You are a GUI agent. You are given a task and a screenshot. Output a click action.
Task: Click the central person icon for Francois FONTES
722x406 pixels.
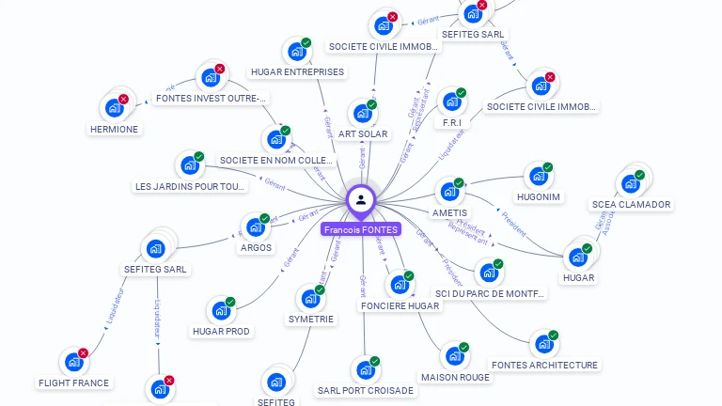pyautogui.click(x=361, y=199)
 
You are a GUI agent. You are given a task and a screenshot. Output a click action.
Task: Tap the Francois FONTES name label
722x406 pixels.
pyautogui.click(x=361, y=229)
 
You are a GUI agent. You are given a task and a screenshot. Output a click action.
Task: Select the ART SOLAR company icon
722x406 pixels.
pyautogui.click(x=362, y=115)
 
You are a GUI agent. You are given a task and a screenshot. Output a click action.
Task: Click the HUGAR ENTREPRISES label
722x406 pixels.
pyautogui.click(x=297, y=71)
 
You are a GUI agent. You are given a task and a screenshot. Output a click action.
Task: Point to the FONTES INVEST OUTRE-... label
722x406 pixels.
pyautogui.click(x=211, y=98)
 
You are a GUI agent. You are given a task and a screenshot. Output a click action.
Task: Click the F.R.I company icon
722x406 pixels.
pyautogui.click(x=451, y=102)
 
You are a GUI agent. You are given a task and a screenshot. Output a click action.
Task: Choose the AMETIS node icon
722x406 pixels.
pyautogui.click(x=449, y=192)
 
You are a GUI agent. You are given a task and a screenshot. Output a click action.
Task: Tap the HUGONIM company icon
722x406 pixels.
pyautogui.click(x=538, y=177)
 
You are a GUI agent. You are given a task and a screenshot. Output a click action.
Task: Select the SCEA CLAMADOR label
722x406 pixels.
pyautogui.click(x=631, y=204)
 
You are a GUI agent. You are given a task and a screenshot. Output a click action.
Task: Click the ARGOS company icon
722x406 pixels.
pyautogui.click(x=255, y=227)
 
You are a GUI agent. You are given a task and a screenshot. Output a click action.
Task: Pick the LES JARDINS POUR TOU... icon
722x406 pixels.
pyautogui.click(x=189, y=165)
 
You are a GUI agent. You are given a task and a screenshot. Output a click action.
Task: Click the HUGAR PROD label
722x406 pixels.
pyautogui.click(x=221, y=331)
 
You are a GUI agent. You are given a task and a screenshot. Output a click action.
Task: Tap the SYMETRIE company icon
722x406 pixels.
pyautogui.click(x=310, y=300)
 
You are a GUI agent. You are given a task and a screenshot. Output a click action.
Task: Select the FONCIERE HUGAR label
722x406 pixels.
pyautogui.click(x=400, y=306)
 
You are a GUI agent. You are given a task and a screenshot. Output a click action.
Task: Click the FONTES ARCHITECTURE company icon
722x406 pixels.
pyautogui.click(x=543, y=345)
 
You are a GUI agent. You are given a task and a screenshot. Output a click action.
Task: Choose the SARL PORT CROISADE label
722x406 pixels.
pyautogui.click(x=365, y=391)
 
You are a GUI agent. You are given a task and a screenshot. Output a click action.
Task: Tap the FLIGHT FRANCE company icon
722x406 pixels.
pyautogui.click(x=73, y=362)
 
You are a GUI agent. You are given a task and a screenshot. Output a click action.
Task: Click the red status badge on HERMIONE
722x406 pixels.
pyautogui.click(x=123, y=99)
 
